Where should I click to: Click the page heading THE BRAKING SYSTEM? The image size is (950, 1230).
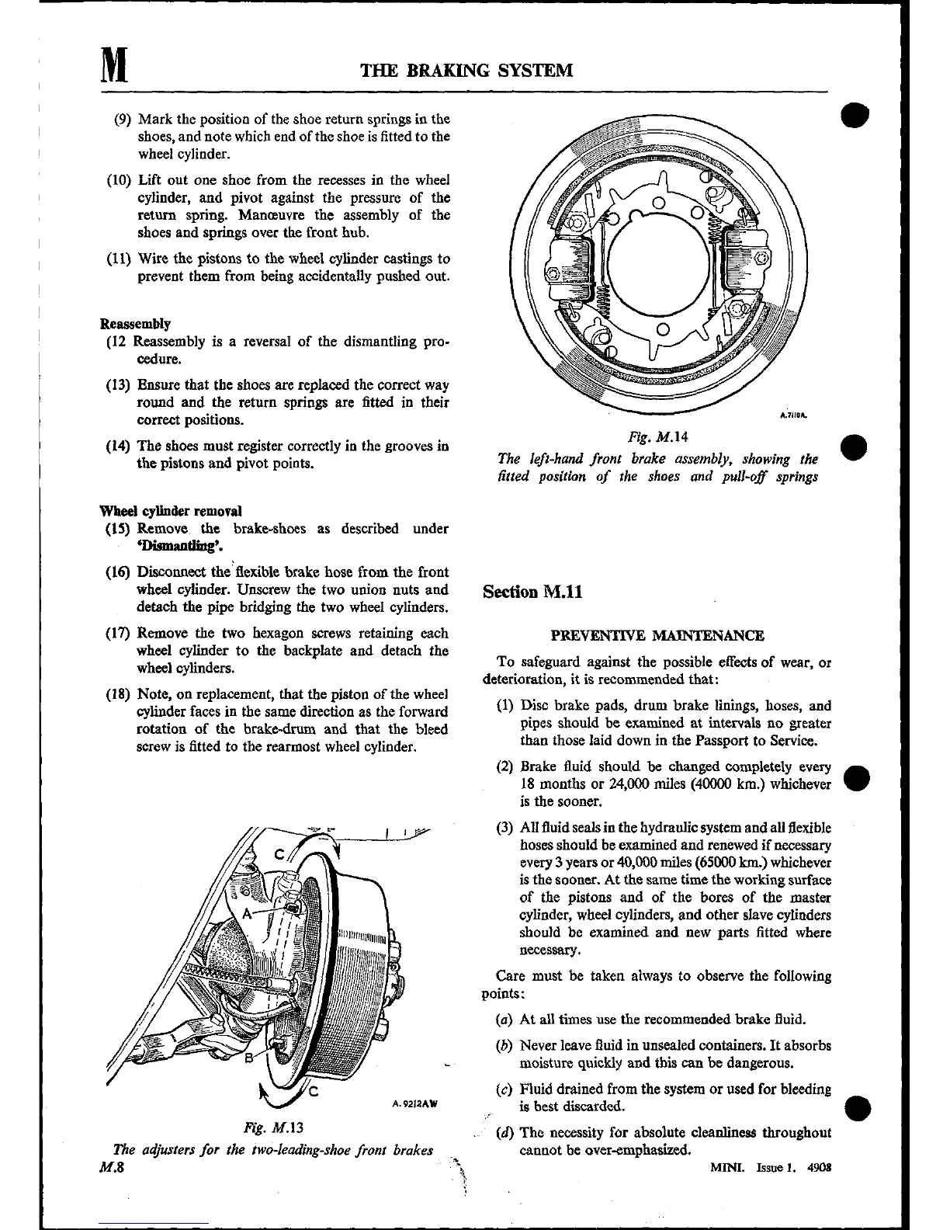point(467,71)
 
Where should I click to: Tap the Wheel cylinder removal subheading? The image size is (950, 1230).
point(171,511)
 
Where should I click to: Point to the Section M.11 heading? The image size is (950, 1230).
point(532,592)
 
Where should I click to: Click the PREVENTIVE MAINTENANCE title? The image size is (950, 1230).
point(657,636)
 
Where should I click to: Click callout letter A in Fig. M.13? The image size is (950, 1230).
point(247,914)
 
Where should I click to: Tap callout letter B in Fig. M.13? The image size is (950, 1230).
point(250,1058)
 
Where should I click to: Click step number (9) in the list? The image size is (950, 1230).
point(123,120)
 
